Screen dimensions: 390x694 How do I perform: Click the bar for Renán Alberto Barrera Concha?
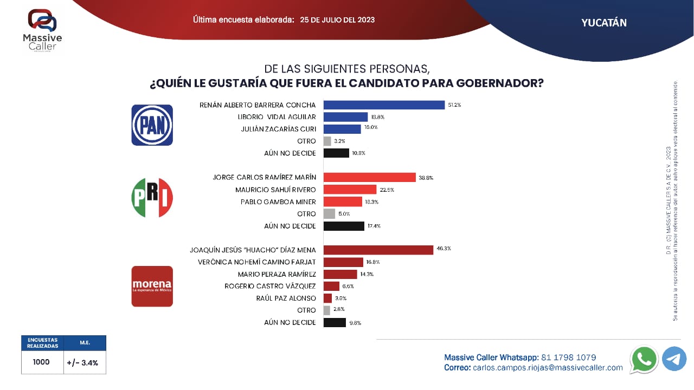pyautogui.click(x=384, y=105)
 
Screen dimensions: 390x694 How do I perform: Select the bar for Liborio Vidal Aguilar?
pyautogui.click(x=345, y=117)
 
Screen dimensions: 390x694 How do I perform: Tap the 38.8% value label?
pyautogui.click(x=426, y=178)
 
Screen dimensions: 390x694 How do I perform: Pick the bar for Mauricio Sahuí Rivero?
pyautogui.click(x=350, y=190)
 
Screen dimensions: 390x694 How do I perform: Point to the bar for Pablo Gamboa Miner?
pyautogui.click(x=343, y=201)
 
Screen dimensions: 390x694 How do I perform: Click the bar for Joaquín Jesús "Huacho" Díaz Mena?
pyautogui.click(x=378, y=250)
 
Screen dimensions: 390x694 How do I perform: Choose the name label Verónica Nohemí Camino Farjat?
pyautogui.click(x=253, y=262)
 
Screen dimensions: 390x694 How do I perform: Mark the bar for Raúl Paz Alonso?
pyautogui.click(x=327, y=298)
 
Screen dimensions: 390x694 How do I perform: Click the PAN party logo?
pyautogui.click(x=152, y=125)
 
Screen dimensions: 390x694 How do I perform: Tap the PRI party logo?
pyautogui.click(x=152, y=198)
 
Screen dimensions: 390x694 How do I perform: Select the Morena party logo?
pyautogui.click(x=152, y=286)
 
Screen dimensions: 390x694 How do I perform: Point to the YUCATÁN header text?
pyautogui.click(x=604, y=23)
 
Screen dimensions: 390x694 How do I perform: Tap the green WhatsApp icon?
pyautogui.click(x=644, y=359)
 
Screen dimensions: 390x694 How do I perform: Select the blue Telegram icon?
pyautogui.click(x=674, y=359)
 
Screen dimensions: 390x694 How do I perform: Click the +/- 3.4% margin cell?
pyautogui.click(x=85, y=362)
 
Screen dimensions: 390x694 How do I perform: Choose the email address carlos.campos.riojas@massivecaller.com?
pyautogui.click(x=548, y=368)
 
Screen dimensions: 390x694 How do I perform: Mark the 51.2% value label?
pyautogui.click(x=454, y=105)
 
